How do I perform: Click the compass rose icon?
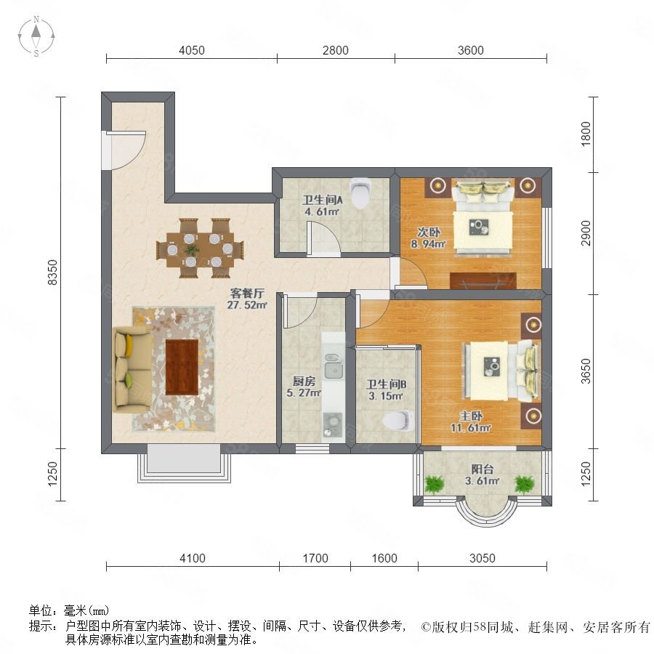coord(36,36)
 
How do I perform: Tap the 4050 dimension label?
coord(192,50)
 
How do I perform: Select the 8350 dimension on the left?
coord(53,272)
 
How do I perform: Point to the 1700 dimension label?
coord(315,558)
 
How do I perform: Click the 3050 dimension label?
coord(483,558)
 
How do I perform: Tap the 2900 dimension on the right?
coord(586,233)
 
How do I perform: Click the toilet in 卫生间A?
coord(360,193)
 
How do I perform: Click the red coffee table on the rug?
coord(182,367)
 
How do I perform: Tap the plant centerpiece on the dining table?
coord(192,250)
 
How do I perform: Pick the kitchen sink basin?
coord(334,371)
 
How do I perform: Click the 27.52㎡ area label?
coord(247,305)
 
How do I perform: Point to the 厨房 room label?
coord(304,381)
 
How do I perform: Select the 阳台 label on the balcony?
coord(483,469)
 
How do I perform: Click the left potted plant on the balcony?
coord(435,485)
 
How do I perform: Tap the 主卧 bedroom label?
coord(471,416)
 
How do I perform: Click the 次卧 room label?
coord(429,233)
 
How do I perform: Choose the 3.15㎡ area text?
coord(386,396)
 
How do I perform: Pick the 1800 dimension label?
coord(586,134)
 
